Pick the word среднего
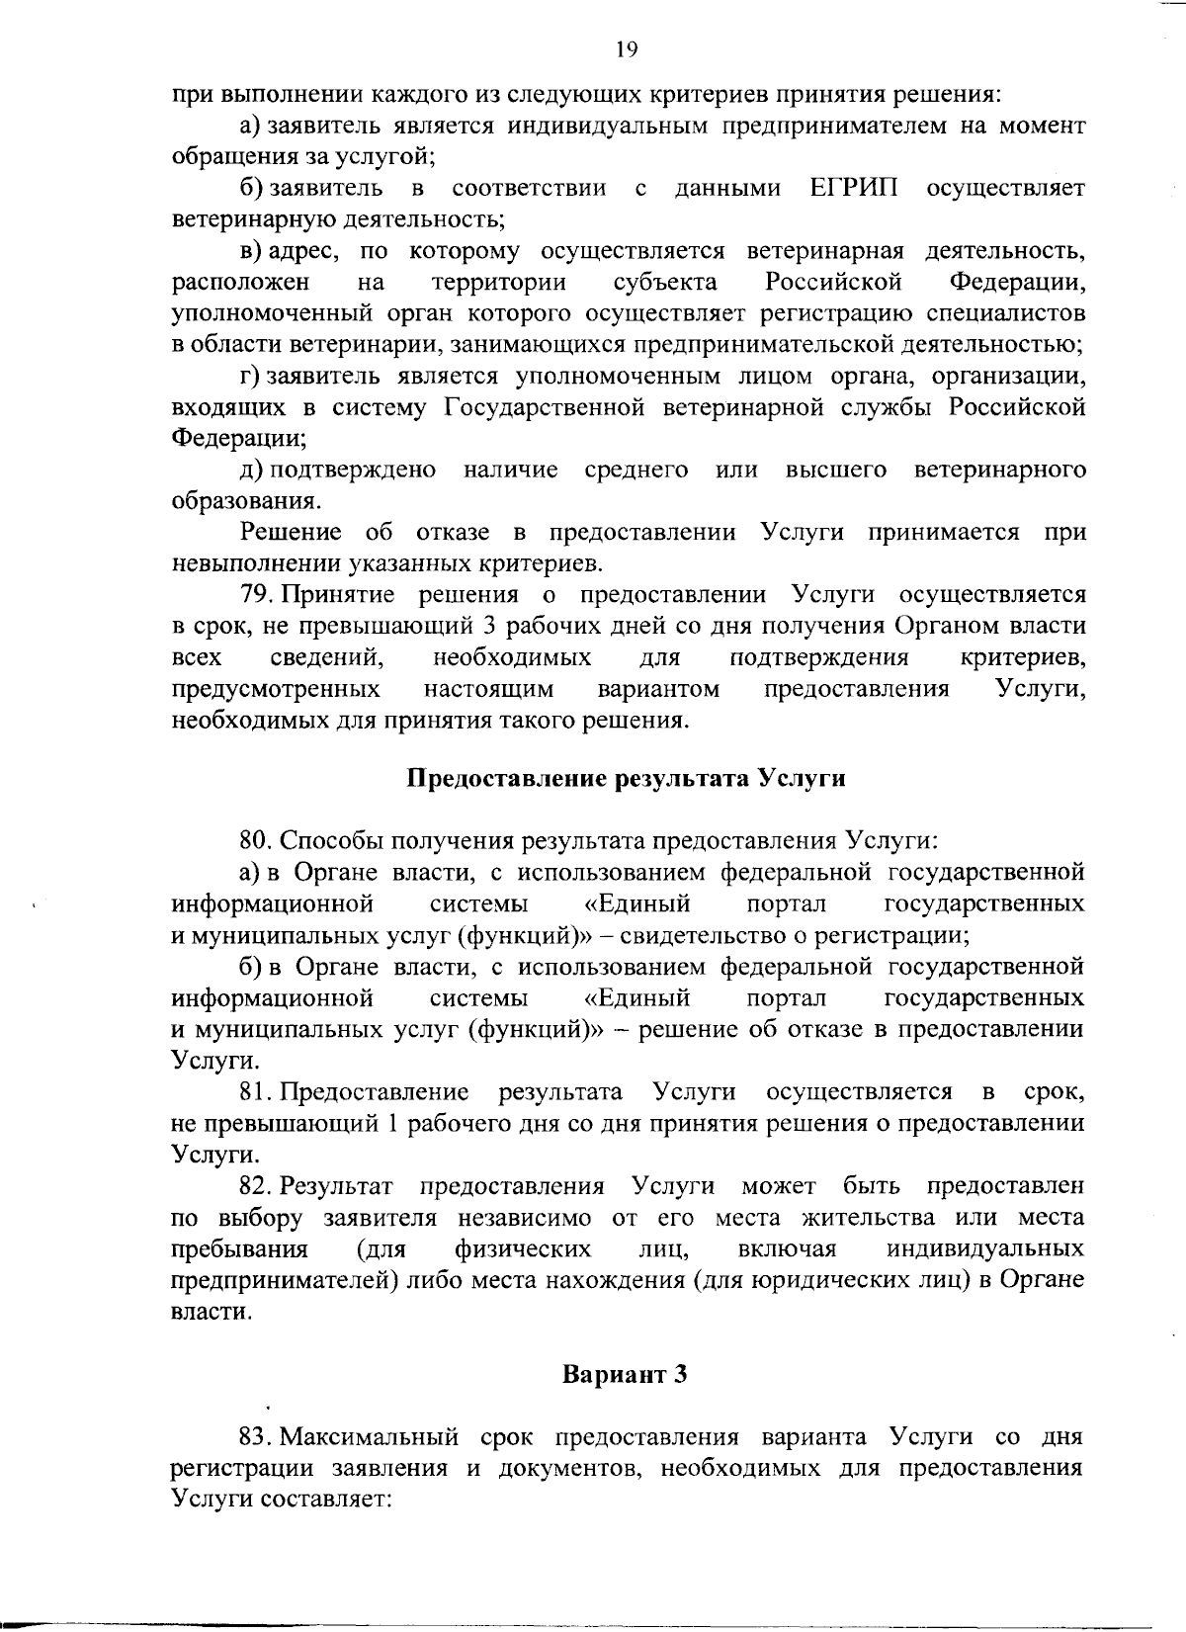pos(636,470)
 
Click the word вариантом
pos(658,688)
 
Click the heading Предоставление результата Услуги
pos(628,778)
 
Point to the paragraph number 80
pos(256,841)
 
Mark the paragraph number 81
pos(256,1092)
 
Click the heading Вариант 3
pos(624,1375)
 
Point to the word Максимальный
pos(381,1437)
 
